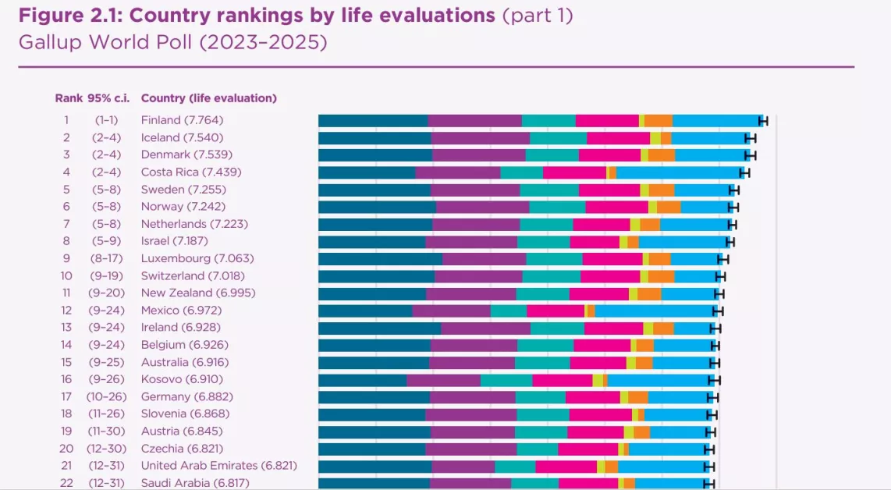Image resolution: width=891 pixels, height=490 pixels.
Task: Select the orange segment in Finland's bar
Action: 658,120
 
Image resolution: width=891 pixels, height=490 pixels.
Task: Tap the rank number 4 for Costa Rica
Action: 66,172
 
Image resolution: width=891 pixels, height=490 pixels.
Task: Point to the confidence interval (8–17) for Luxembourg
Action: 109,258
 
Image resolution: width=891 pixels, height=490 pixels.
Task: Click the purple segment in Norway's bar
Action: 482,207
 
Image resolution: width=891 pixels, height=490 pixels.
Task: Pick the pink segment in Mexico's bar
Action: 555,311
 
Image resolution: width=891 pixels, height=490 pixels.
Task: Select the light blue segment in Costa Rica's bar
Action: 678,172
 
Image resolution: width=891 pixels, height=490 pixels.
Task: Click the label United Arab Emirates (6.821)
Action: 218,466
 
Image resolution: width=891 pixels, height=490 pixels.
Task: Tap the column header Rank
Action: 68,98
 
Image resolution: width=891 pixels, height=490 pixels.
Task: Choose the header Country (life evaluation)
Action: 208,98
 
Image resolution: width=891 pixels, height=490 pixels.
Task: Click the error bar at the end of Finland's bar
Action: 763,120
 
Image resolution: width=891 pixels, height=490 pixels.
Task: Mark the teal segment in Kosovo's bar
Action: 506,380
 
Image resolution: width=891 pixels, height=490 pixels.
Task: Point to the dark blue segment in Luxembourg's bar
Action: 380,259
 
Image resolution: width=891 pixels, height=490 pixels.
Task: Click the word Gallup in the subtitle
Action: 49,42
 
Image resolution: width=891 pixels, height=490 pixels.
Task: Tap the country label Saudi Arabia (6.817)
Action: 195,483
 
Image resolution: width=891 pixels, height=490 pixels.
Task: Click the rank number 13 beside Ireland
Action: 66,328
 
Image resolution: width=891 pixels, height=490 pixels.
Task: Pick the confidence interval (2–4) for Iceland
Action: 109,137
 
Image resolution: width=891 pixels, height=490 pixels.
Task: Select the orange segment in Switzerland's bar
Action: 661,276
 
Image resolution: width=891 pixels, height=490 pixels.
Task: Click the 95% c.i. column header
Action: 108,98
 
